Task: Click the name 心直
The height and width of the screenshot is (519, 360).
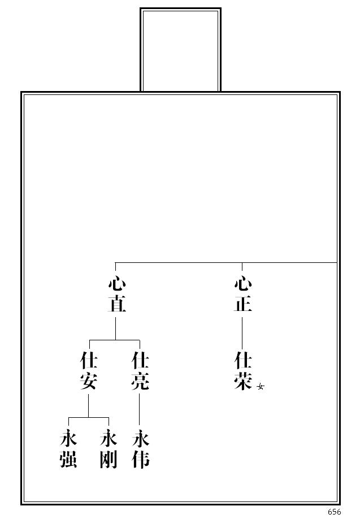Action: click(116, 295)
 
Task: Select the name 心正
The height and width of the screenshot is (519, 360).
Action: click(242, 295)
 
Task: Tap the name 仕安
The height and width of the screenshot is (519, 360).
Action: click(89, 371)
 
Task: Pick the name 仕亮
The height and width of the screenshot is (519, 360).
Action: click(140, 371)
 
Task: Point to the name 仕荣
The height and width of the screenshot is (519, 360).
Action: click(242, 371)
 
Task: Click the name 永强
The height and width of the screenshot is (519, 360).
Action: click(68, 449)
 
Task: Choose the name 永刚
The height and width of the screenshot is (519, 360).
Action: click(108, 449)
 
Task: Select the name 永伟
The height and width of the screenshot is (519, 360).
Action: click(140, 449)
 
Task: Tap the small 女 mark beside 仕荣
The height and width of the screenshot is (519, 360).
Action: click(261, 387)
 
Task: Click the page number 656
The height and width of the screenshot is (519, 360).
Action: click(334, 512)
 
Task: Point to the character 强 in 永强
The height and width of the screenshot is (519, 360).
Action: click(68, 460)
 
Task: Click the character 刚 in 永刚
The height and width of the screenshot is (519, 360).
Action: click(108, 460)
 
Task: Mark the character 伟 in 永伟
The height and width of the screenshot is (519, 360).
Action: click(140, 460)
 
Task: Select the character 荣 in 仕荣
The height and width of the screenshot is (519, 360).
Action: click(242, 380)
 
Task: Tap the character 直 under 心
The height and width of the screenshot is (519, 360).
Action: click(116, 304)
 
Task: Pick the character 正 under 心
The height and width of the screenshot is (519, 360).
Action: click(242, 304)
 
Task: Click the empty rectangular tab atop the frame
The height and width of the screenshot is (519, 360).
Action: click(180, 50)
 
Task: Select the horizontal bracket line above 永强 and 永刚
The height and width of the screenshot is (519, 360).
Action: click(88, 417)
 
